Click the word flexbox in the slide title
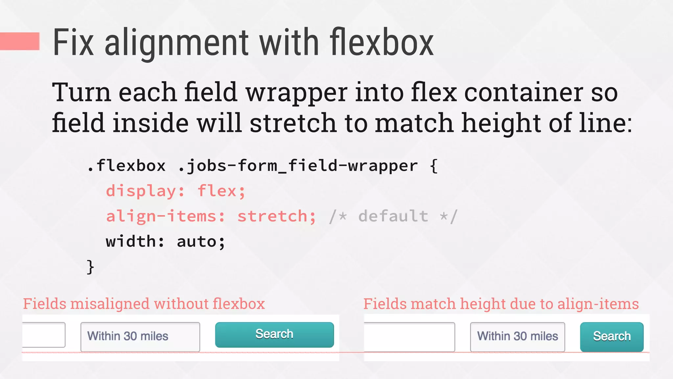[x=382, y=43]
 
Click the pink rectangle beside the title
[x=20, y=41]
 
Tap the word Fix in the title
[x=73, y=43]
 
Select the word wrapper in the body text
[x=296, y=93]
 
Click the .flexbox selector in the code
[x=126, y=165]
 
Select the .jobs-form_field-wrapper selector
[x=297, y=165]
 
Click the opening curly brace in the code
[x=434, y=165]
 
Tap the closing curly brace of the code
[x=90, y=266]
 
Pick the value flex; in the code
[x=221, y=191]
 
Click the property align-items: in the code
[x=165, y=216]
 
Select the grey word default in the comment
[x=393, y=216]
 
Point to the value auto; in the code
[x=201, y=242]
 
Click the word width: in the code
[x=135, y=242]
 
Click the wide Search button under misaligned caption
[x=274, y=335]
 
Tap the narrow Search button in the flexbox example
[x=612, y=337]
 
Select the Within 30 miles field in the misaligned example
[x=140, y=337]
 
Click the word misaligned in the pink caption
[x=110, y=304]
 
